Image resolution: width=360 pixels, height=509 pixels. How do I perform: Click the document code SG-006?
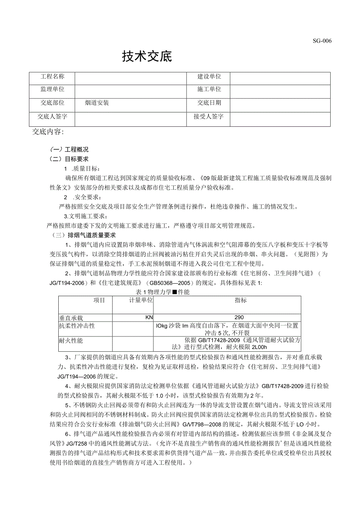(322, 41)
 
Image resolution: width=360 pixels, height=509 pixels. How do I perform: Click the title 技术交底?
(147, 57)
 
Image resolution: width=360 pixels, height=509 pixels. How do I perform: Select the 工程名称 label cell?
(52, 77)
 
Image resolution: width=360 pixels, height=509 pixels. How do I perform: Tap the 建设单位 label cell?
(209, 77)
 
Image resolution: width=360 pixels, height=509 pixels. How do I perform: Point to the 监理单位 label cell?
(52, 90)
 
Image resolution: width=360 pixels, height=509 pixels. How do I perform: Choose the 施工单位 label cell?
(209, 90)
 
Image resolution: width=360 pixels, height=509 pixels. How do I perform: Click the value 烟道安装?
(97, 103)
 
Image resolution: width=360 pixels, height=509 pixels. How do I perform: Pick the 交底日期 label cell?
(209, 103)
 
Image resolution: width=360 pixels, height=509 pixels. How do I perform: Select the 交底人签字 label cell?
(52, 117)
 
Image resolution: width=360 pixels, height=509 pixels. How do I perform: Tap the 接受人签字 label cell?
(209, 117)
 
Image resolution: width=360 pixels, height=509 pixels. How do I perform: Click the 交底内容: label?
(48, 132)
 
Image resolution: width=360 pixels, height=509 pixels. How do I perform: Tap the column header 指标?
(241, 300)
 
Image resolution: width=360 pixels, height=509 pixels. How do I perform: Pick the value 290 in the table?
(239, 318)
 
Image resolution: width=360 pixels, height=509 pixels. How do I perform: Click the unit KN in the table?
(149, 318)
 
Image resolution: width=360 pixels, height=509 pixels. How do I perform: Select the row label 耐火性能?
(71, 341)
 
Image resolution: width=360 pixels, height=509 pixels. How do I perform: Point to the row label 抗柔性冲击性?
(77, 326)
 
